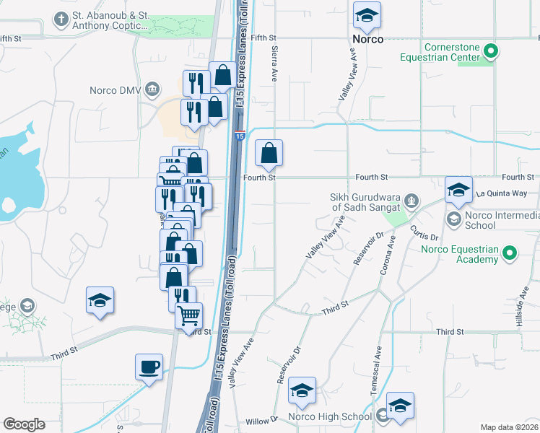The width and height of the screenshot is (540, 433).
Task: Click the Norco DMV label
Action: [115, 90]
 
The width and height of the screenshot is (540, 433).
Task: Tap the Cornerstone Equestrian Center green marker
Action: [492, 51]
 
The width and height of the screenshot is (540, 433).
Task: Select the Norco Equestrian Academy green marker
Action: [510, 253]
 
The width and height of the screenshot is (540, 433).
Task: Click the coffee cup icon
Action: [149, 366]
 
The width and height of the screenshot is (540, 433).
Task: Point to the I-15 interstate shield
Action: [240, 135]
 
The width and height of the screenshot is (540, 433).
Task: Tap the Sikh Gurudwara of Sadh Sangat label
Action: [365, 202]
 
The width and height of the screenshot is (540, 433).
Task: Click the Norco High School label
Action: [329, 416]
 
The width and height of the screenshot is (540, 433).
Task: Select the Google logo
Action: [24, 424]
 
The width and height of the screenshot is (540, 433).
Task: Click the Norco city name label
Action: [367, 38]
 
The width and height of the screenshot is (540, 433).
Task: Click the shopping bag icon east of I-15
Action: [269, 152]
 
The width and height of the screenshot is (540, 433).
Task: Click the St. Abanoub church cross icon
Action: [63, 19]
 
